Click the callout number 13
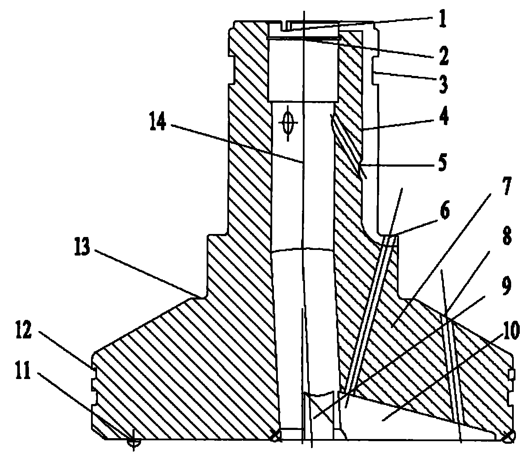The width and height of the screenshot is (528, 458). pyautogui.click(x=82, y=246)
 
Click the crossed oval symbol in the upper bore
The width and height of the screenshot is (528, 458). pyautogui.click(x=288, y=123)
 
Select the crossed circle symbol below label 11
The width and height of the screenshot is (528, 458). pyautogui.click(x=134, y=442)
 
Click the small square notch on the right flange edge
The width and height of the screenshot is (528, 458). pyautogui.click(x=512, y=375)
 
